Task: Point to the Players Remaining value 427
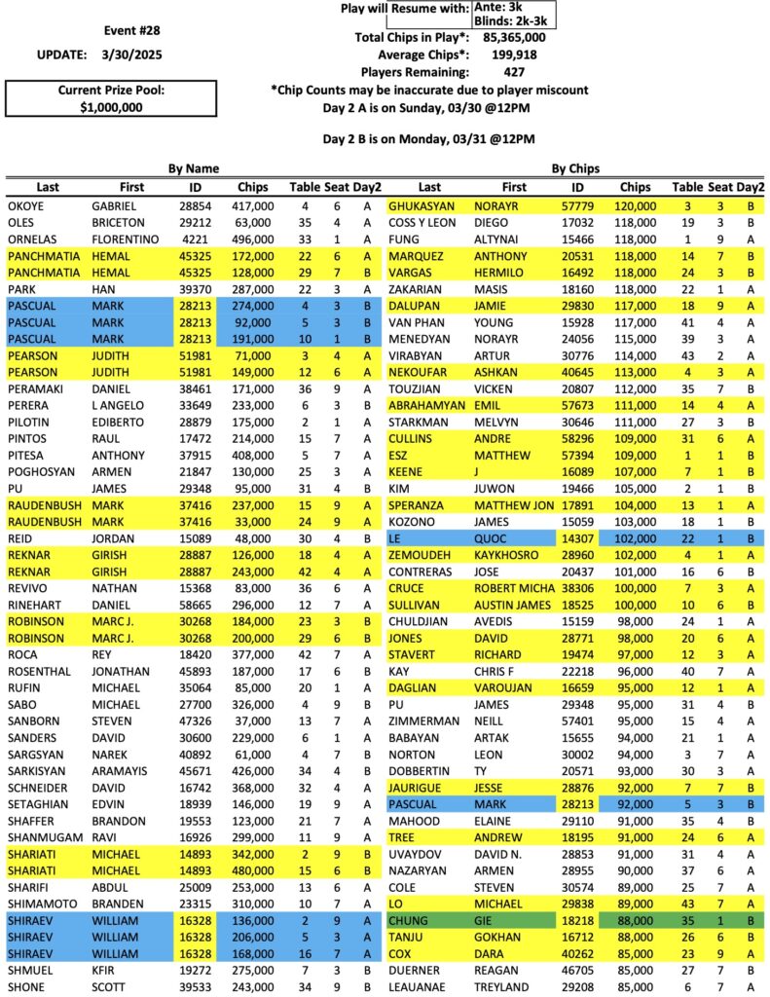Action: coord(515,72)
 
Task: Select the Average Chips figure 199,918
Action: coord(515,55)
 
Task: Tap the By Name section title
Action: coord(194,168)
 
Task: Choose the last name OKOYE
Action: coord(25,206)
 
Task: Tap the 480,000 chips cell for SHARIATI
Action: coord(253,868)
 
